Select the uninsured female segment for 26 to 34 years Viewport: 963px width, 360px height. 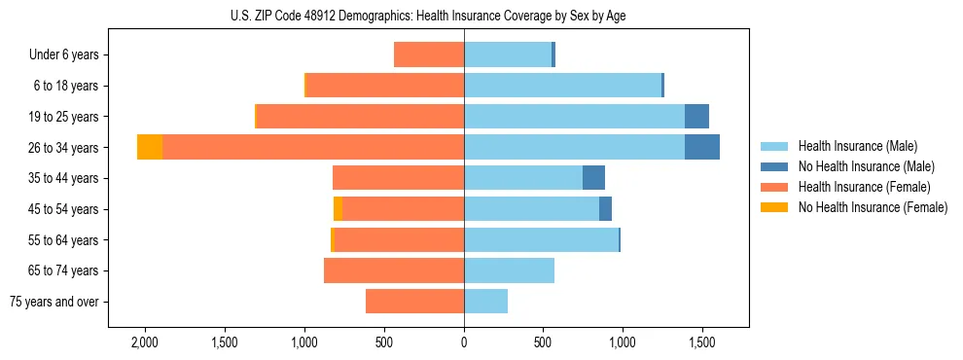(x=150, y=147)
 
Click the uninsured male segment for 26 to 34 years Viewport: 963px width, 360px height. (x=702, y=147)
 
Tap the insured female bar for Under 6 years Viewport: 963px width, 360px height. (x=429, y=54)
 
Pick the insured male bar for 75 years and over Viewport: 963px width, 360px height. (x=485, y=302)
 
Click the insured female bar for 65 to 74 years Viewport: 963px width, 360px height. (x=394, y=270)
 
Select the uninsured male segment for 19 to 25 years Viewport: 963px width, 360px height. (x=696, y=117)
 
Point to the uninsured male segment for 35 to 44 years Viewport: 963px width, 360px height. (x=593, y=178)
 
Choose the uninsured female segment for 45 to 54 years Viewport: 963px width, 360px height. (x=338, y=209)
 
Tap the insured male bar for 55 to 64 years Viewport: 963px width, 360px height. (x=541, y=239)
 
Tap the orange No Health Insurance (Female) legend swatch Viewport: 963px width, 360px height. (x=774, y=207)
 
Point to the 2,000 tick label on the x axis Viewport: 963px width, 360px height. (x=145, y=342)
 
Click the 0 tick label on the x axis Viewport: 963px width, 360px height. (x=464, y=342)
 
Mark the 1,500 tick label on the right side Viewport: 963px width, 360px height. (x=703, y=342)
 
